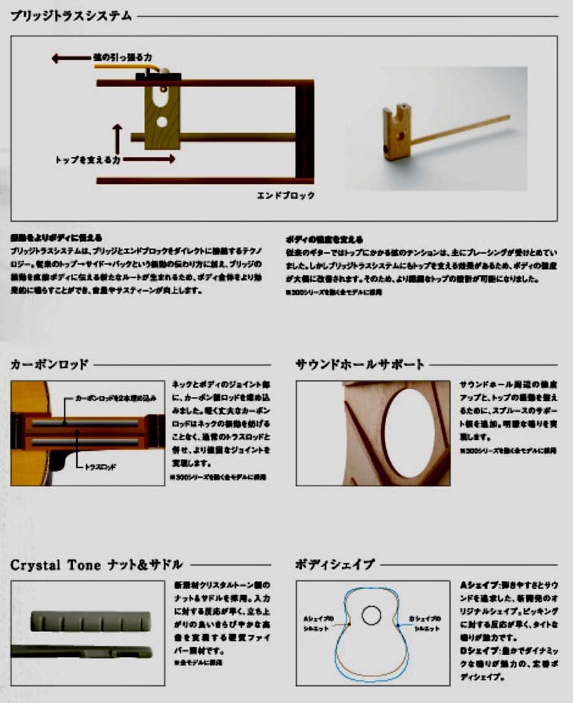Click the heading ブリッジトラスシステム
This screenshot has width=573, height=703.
tap(71, 16)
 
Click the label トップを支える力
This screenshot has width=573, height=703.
tap(87, 158)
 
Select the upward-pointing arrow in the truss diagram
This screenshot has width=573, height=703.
tap(117, 138)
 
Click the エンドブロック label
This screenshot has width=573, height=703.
tap(285, 195)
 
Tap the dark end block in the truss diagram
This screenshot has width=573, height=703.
tap(304, 130)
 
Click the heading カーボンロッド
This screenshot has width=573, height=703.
tap(49, 365)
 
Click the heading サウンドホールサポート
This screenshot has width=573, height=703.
tap(360, 365)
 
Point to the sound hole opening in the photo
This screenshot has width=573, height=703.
tap(409, 433)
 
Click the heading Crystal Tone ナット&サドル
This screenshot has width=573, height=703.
tap(96, 564)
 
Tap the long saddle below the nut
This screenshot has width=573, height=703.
tap(81, 650)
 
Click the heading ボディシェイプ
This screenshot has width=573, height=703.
tap(335, 564)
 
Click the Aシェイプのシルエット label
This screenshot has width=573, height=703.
tap(318, 623)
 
